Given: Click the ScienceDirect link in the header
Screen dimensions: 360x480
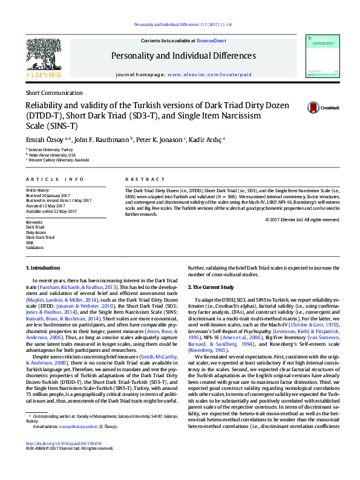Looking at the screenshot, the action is point(212,41).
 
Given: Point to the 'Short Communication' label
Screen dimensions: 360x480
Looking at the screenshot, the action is point(54,93).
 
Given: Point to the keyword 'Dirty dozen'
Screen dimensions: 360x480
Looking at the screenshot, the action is point(36,232).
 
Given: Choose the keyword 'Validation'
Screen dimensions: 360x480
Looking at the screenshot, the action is point(34,248).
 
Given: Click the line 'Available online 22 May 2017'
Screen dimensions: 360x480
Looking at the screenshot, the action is point(51,211).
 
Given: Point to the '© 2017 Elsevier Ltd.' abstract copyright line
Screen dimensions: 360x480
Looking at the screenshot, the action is point(302,219).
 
